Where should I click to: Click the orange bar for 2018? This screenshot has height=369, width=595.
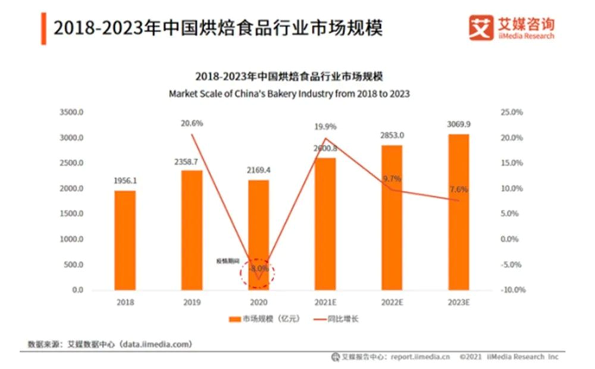tap(125, 240)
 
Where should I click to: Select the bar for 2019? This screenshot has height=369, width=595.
tap(192, 229)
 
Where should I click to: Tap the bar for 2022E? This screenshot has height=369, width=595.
tap(391, 217)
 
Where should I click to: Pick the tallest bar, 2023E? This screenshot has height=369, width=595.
tap(458, 211)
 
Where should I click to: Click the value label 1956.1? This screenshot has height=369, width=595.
tap(125, 181)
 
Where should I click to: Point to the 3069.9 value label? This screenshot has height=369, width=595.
tap(458, 124)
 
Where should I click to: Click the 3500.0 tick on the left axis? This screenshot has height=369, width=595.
tap(72, 112)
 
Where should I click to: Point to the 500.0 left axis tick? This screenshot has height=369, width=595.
tap(73, 265)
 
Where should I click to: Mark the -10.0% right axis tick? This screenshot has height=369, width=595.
tap(511, 290)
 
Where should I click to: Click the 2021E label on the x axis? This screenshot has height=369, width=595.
tap(325, 303)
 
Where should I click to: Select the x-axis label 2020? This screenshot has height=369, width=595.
tap(258, 303)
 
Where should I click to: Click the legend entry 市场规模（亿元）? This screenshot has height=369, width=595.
tap(260, 319)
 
